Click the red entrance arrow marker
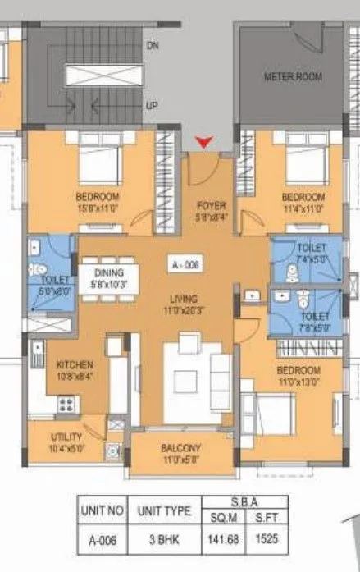(207, 144)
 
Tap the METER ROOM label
(292, 77)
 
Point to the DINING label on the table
(108, 273)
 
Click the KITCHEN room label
(74, 364)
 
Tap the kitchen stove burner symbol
(66, 403)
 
